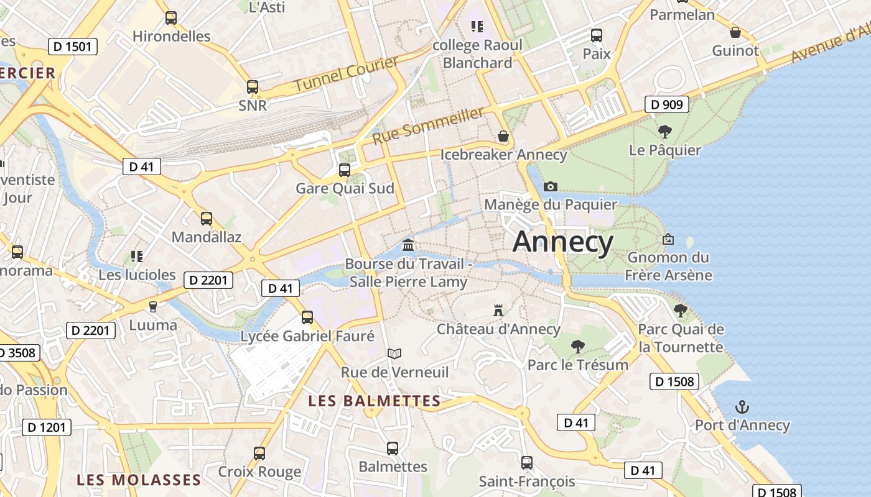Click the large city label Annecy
coord(562,242)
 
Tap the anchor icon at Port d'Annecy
coord(742,408)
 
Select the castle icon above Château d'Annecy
coord(498,310)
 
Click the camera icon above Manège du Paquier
coord(550,186)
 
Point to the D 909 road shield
coord(667,104)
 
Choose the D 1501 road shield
coord(73,46)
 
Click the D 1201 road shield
coord(47,427)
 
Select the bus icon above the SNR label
coord(252,87)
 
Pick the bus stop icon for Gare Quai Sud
coord(344,170)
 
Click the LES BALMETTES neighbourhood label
coord(375,401)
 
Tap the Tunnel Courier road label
coord(346,74)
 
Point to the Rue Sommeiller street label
coord(428,125)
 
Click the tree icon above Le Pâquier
coord(664,131)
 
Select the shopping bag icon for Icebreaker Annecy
coord(503,136)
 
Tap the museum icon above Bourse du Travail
coord(408,244)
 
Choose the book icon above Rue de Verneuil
coord(394,353)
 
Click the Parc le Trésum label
coord(578,365)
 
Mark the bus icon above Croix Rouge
coord(259,453)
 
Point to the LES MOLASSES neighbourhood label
coord(139,480)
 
